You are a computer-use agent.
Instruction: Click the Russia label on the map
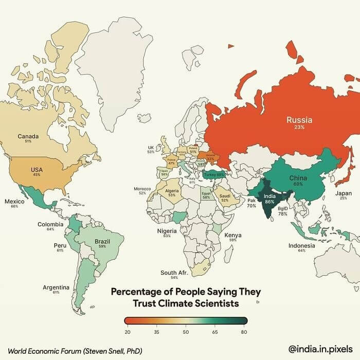pyautogui.click(x=299, y=120)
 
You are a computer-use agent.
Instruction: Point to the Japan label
pyautogui.click(x=344, y=193)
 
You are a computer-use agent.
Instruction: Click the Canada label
pyautogui.click(x=28, y=136)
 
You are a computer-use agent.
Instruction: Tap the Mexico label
pyautogui.click(x=14, y=201)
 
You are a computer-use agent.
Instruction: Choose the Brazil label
pyautogui.click(x=102, y=241)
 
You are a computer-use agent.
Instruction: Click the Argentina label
pyautogui.click(x=56, y=287)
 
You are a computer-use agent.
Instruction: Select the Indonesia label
pyautogui.click(x=301, y=245)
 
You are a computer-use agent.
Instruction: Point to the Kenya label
pyautogui.click(x=233, y=235)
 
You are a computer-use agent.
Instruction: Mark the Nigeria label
pyautogui.click(x=167, y=231)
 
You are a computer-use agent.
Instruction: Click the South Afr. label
pyautogui.click(x=174, y=273)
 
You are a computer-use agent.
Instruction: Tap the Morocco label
pyautogui.click(x=142, y=189)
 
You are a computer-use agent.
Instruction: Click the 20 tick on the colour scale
pyautogui.click(x=127, y=332)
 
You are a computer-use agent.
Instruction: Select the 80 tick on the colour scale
pyautogui.click(x=244, y=332)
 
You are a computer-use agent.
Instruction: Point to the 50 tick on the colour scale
pyautogui.click(x=185, y=332)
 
